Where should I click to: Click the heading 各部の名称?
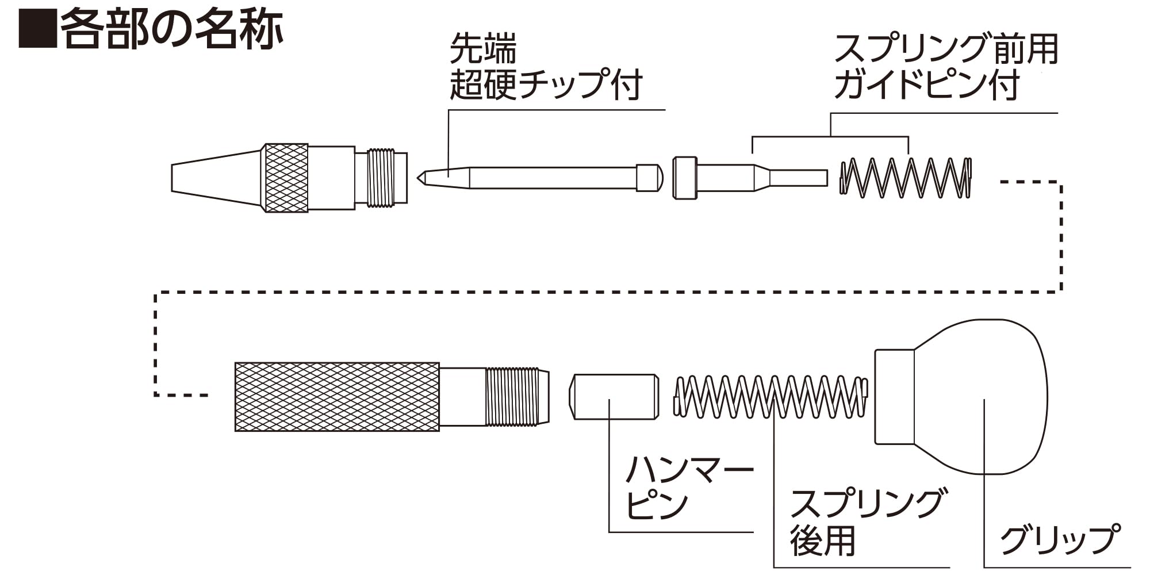pyautogui.click(x=171, y=29)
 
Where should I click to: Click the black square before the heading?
pyautogui.click(x=38, y=29)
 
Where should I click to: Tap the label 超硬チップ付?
pyautogui.click(x=546, y=84)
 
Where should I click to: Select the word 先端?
pyautogui.click(x=483, y=48)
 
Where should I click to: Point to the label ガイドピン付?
pyautogui.click(x=927, y=85)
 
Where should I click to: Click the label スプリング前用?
pyautogui.click(x=946, y=49)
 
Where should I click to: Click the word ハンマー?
pyautogui.click(x=689, y=470)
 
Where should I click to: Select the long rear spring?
pyautogui.click(x=770, y=396)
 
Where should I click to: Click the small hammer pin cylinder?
pyautogui.click(x=614, y=397)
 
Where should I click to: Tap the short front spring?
pyautogui.click(x=906, y=178)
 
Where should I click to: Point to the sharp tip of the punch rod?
pyautogui.click(x=418, y=178)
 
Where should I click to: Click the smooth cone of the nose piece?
pyautogui.click(x=216, y=178)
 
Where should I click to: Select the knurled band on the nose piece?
pyautogui.click(x=285, y=178)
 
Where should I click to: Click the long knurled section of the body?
pyautogui.click(x=337, y=397)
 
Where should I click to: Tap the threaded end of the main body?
pyautogui.click(x=517, y=397)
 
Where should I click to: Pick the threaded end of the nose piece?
pyautogui.click(x=381, y=178)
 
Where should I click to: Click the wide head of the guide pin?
pyautogui.click(x=685, y=178)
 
